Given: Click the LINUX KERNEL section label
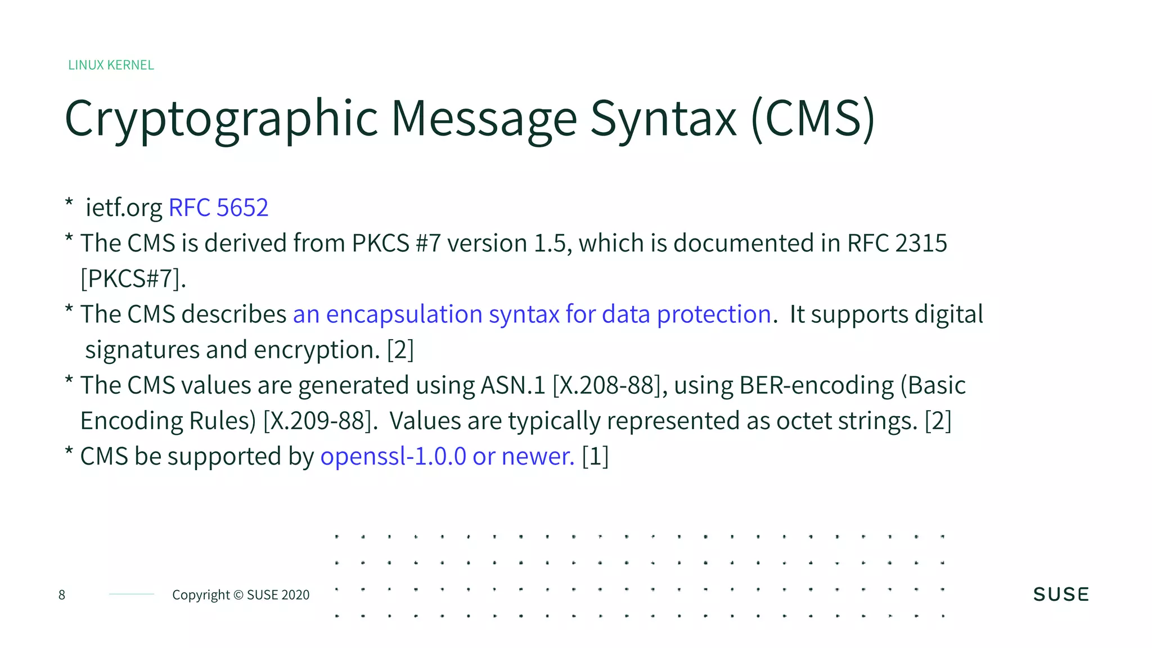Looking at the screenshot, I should (111, 65).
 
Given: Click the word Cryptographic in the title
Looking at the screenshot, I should (221, 119).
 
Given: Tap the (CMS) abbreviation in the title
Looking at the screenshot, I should (813, 119).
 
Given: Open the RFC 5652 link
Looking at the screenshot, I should (218, 208).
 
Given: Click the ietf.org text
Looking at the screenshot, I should (124, 208).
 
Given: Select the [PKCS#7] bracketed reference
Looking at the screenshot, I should (133, 278).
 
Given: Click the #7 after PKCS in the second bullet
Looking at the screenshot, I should (428, 243).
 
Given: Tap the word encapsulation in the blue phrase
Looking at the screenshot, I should (404, 314).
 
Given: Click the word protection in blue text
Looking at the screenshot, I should (714, 314).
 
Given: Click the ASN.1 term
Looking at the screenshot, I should (513, 385).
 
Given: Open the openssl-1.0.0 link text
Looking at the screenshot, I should (393, 456).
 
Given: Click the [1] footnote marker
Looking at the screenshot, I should (595, 456).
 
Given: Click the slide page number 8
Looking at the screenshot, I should (62, 595).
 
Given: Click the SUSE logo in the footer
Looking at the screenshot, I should (1061, 595).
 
